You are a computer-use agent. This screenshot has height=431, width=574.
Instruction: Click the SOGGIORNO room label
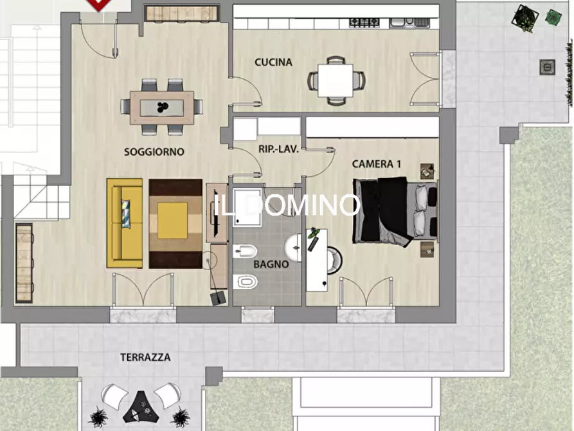tap(154, 152)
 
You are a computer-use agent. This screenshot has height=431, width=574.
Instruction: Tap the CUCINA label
tap(273, 62)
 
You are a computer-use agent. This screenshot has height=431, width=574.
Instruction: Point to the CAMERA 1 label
tap(377, 164)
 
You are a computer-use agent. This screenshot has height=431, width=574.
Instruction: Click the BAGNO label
tap(271, 264)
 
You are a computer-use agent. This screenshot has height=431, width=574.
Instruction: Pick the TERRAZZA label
tap(145, 357)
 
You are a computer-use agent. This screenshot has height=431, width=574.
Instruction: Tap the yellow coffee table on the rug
tap(173, 220)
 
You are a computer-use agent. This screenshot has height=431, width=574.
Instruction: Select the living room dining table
tap(162, 107)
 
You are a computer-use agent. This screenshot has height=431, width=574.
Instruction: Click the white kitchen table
tap(336, 81)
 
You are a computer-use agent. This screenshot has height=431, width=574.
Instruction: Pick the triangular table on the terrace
tap(139, 404)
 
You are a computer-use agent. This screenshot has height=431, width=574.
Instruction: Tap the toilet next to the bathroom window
tap(246, 281)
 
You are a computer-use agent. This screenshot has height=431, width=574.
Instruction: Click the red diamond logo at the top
tap(97, 4)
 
